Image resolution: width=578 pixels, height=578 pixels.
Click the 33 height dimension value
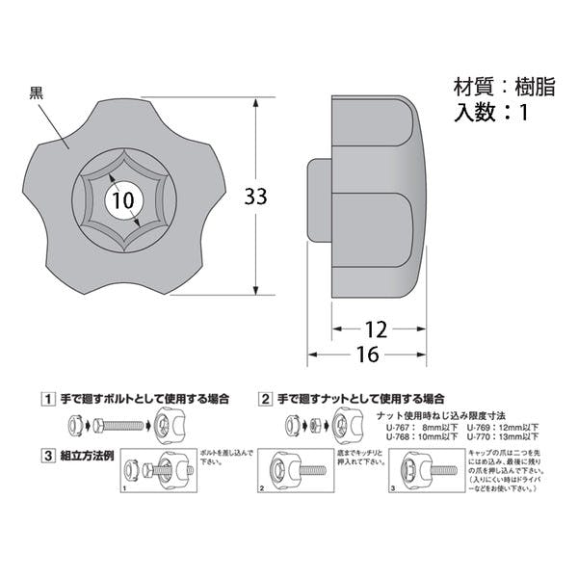255,197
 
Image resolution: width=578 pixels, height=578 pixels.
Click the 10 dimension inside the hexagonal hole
120,200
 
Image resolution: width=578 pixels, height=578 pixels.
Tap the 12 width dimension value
377,329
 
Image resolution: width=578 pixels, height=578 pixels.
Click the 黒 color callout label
36,93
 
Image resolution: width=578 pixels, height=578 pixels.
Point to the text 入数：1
490,112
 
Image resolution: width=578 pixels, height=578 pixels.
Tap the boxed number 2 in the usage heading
265,398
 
